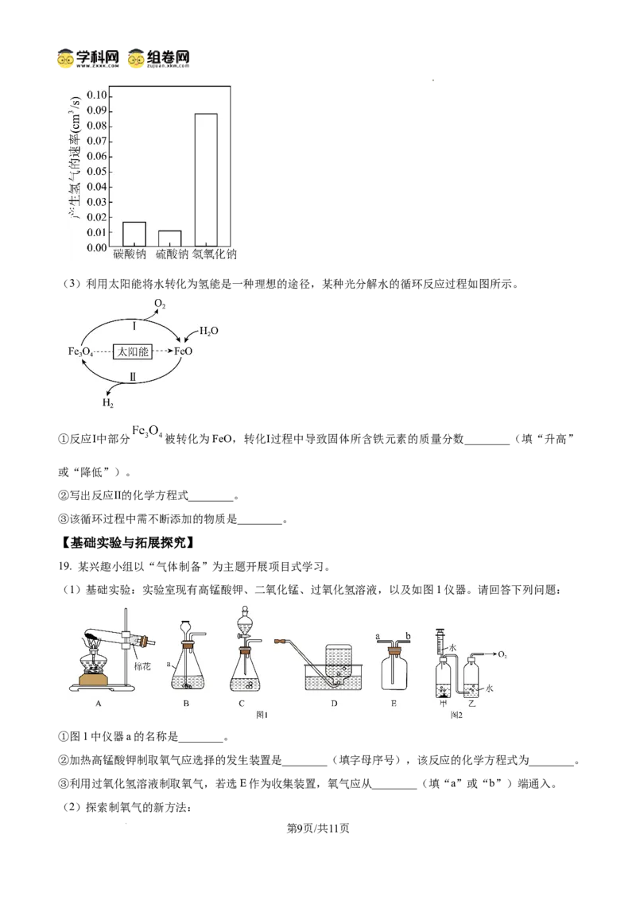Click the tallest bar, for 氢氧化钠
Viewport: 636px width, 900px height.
[205, 180]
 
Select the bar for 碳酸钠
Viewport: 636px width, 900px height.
[134, 235]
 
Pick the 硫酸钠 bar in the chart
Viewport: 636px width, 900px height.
[169, 239]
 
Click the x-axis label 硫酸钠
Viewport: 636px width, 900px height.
[172, 254]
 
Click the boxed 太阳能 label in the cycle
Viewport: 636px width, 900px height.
[133, 351]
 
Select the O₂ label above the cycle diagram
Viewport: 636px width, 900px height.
[160, 305]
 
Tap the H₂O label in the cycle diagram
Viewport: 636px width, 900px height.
[208, 332]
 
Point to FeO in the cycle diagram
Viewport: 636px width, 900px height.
[183, 351]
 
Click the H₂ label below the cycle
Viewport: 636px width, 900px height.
[107, 403]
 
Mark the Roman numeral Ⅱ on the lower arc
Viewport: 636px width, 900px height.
[133, 377]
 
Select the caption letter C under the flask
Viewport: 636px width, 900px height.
[242, 703]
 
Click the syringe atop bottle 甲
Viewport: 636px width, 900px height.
[441, 642]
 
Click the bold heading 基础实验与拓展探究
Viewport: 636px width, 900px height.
[127, 543]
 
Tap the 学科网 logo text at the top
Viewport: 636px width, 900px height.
[96, 56]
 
